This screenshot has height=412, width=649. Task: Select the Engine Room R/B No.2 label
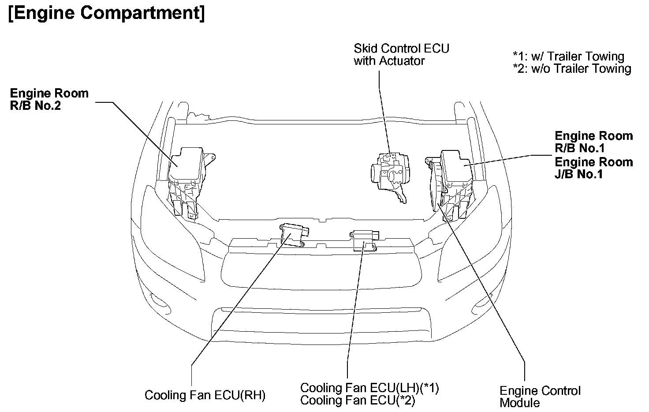pyautogui.click(x=49, y=100)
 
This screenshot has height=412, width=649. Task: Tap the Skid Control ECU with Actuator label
pyautogui.click(x=401, y=54)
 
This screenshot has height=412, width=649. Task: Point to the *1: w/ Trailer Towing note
pyautogui.click(x=568, y=56)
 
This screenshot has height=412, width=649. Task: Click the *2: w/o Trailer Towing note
pyautogui.click(x=572, y=69)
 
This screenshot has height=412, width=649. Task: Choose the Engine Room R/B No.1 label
pyautogui.click(x=593, y=142)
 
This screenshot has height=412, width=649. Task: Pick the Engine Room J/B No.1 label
pyautogui.click(x=593, y=168)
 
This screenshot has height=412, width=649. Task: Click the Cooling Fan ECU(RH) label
pyautogui.click(x=205, y=395)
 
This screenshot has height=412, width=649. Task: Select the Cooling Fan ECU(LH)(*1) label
pyautogui.click(x=369, y=388)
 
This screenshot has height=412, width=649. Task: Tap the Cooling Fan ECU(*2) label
pyautogui.click(x=358, y=401)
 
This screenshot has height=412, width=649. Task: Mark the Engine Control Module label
pyautogui.click(x=540, y=397)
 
